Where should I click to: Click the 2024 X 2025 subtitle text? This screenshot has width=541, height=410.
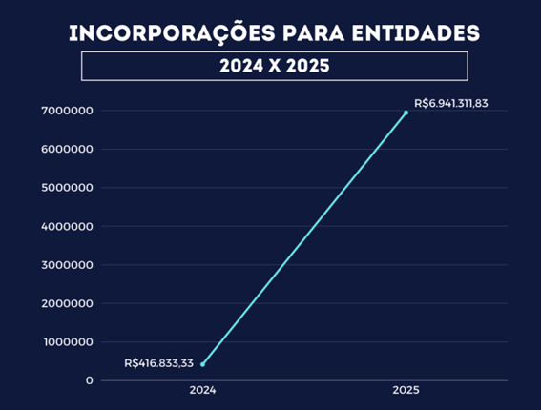pos(274,67)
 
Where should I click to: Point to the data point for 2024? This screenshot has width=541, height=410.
pos(202,363)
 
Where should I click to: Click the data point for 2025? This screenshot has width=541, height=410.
pos(406,113)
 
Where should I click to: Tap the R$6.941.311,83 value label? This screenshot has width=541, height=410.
pos(450,103)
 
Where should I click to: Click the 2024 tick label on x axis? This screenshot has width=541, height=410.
pos(202,391)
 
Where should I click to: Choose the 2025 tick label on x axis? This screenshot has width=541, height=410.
pos(406,391)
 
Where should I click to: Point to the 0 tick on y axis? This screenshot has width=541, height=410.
pos(89,380)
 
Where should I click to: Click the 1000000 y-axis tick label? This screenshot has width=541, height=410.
pos(67,342)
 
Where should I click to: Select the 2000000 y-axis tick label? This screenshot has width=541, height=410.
pos(67,303)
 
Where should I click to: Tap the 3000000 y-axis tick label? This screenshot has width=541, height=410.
pos(67,265)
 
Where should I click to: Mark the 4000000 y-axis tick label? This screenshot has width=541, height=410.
pos(67,226)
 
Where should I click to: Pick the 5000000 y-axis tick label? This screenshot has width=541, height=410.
pos(67,188)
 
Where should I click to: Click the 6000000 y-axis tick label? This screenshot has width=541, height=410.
pos(67,149)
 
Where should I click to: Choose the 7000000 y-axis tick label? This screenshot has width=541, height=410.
pos(67,111)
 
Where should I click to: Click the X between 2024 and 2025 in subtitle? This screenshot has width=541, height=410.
pos(274,67)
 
